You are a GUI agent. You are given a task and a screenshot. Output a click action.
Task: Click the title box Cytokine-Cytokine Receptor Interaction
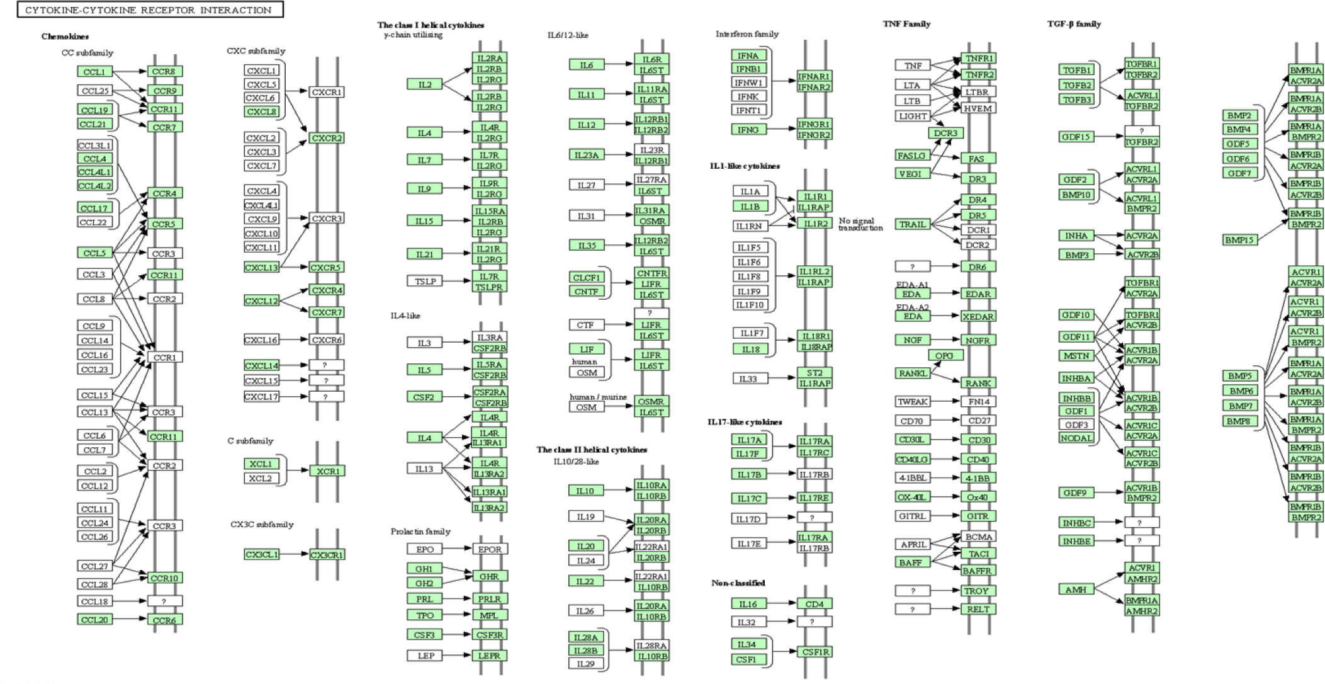(149, 9)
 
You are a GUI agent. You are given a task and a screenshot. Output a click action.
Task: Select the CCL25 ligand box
(94, 91)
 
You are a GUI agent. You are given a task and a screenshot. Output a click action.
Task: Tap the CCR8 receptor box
(165, 72)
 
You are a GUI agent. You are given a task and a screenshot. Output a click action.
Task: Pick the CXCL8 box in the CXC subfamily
(261, 111)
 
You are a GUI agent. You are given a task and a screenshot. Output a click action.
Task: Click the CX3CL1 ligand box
(261, 555)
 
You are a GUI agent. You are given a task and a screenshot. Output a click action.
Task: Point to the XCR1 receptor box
(327, 471)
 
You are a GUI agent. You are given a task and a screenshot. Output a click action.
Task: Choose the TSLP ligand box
(425, 281)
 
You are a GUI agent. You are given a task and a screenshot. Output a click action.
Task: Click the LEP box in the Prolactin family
(425, 656)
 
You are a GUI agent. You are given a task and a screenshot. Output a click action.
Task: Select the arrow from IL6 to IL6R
(619, 64)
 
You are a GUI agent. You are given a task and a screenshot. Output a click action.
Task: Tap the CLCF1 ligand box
(586, 278)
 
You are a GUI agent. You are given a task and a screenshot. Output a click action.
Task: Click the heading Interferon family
(747, 34)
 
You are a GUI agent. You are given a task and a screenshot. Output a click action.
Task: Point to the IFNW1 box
(748, 83)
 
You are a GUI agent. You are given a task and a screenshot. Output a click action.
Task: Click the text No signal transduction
(860, 224)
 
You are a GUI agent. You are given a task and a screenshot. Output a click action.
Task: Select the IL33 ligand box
(748, 379)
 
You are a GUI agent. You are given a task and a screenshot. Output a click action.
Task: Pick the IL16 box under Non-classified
(748, 604)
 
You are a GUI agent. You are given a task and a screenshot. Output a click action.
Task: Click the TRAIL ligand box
(912, 224)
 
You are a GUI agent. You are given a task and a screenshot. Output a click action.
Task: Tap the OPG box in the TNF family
(944, 356)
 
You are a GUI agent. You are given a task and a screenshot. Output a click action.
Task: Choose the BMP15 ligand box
(1239, 240)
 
